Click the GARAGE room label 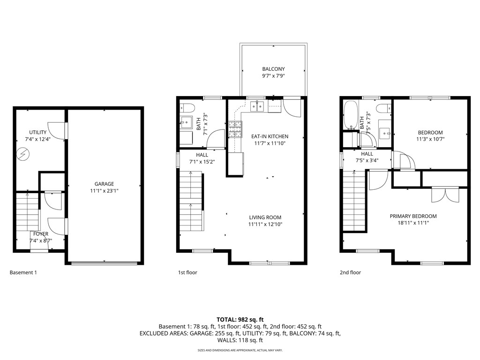(x=104, y=184)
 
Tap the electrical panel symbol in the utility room (x=22, y=153)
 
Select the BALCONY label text (x=273, y=69)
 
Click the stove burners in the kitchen (x=235, y=128)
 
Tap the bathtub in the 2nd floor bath (x=350, y=115)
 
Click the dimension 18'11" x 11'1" (x=413, y=223)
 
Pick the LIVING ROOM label (x=265, y=217)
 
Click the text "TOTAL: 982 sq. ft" (x=240, y=319)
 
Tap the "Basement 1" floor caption (x=23, y=272)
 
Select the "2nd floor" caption (x=350, y=272)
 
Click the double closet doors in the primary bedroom (x=444, y=195)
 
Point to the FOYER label (x=41, y=234)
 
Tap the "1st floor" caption (x=187, y=272)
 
